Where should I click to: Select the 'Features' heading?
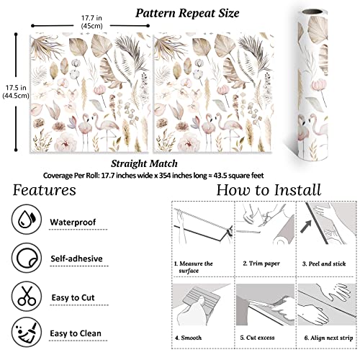tap(46, 191)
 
